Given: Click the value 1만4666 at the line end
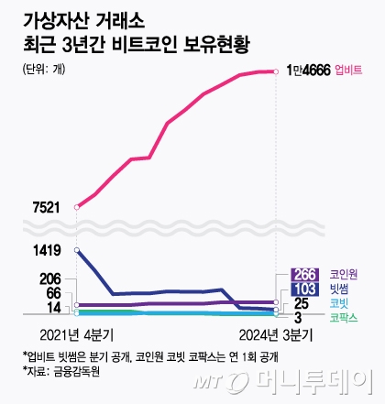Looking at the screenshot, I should click(x=309, y=70).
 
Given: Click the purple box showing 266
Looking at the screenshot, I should click(x=304, y=274).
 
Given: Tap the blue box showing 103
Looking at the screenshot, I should click(x=304, y=289).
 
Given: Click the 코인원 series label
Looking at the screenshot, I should click(x=344, y=274).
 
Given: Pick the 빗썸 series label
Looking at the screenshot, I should click(x=339, y=289).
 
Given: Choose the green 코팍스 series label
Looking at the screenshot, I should click(x=344, y=317).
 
